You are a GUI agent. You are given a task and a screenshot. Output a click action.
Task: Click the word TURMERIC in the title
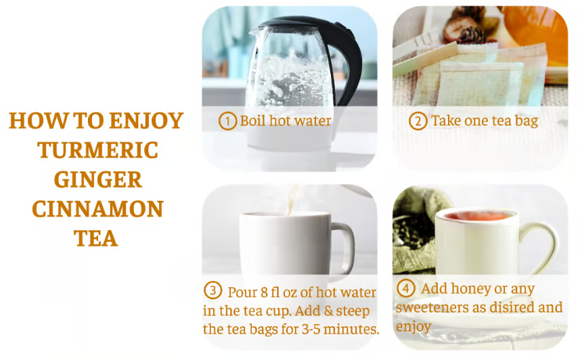pyautogui.click(x=97, y=150)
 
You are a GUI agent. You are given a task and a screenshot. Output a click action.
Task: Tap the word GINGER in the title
pyautogui.click(x=97, y=179)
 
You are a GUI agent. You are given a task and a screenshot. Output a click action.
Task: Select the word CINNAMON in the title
pyautogui.click(x=97, y=208)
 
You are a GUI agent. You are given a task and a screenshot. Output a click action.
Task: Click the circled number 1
pyautogui.click(x=227, y=121)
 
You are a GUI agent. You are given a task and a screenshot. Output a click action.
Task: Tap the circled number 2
pyautogui.click(x=418, y=121)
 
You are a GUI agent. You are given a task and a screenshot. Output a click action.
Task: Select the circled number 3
pyautogui.click(x=213, y=291)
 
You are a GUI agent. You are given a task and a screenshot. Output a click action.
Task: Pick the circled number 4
pyautogui.click(x=405, y=289)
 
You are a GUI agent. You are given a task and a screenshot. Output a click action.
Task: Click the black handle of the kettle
pyautogui.click(x=349, y=61)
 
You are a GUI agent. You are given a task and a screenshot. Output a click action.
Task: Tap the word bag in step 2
pyautogui.click(x=525, y=122)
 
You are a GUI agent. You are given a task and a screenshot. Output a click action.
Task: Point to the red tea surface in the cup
pyautogui.click(x=477, y=216)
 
